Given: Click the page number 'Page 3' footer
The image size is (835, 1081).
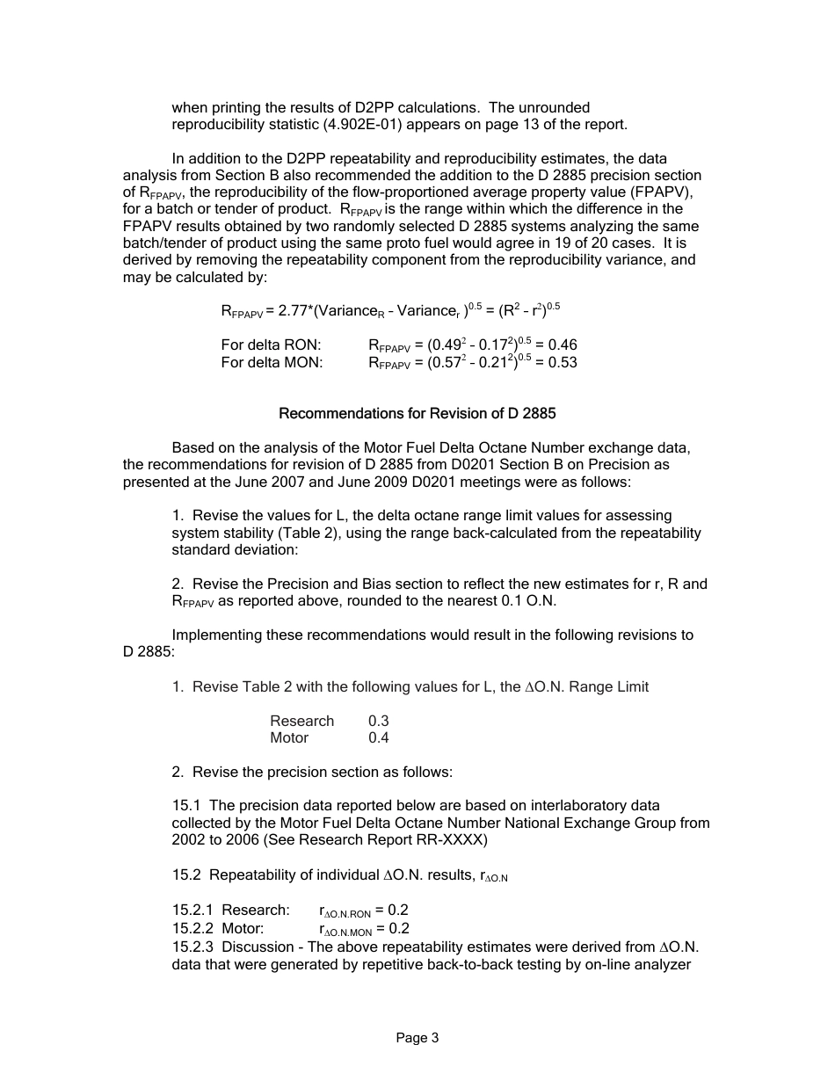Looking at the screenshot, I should click(x=417, y=1038).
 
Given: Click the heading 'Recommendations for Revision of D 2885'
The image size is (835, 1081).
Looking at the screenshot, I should click(x=417, y=412).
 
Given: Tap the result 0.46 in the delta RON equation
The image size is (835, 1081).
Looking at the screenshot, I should click(x=562, y=345).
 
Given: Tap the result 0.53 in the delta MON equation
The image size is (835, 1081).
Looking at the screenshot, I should click(x=562, y=362).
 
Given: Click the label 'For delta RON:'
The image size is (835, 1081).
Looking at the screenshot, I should click(x=271, y=345).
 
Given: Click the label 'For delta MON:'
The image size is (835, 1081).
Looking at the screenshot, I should click(x=272, y=362).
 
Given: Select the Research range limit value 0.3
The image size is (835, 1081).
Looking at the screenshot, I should click(x=378, y=721).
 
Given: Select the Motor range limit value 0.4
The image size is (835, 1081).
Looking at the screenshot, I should click(x=378, y=737).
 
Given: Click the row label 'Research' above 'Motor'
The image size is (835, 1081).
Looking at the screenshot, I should click(x=301, y=721).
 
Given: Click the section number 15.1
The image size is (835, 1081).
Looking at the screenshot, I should click(x=186, y=805).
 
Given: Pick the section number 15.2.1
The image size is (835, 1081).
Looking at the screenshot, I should click(x=192, y=910).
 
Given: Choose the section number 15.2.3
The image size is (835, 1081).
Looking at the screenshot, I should click(x=192, y=947).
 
